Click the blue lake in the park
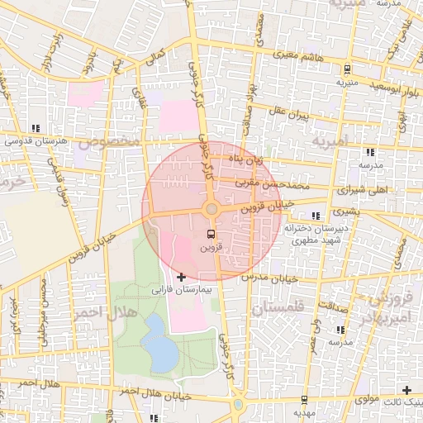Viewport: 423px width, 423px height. tap(159, 345)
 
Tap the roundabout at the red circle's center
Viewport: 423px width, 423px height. tap(211, 209)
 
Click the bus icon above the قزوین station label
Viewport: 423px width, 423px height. tap(211, 233)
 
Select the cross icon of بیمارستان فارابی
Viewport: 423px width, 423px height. tap(182, 276)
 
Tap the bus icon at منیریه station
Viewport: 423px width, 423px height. tap(348, 69)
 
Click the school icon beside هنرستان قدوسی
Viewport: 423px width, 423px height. tap(35, 128)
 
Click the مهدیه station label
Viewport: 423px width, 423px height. tap(303, 411)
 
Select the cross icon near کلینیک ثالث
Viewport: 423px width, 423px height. tap(406, 389)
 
